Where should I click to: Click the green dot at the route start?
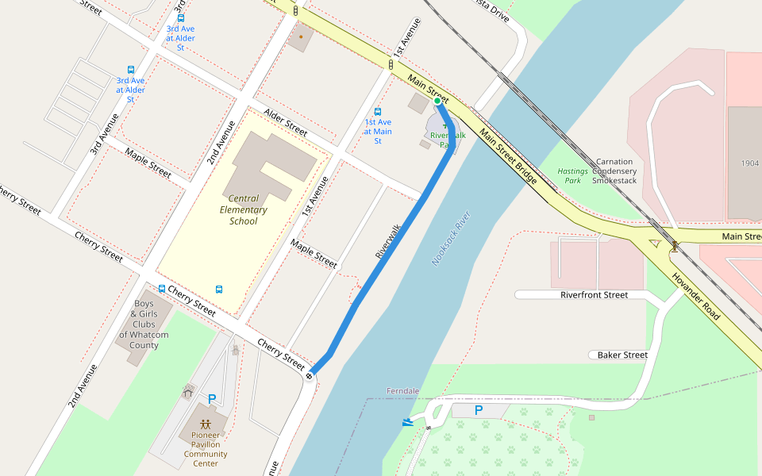tap(437, 101)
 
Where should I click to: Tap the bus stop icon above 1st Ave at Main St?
tap(378, 111)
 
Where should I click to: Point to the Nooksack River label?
tap(452, 238)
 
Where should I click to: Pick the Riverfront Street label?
tap(594, 295)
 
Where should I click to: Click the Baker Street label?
tap(622, 355)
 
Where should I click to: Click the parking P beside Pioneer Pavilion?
tap(211, 399)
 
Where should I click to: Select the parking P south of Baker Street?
tap(478, 410)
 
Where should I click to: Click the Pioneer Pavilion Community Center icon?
tap(206, 424)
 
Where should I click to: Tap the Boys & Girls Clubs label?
tap(144, 324)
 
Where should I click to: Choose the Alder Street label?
tap(286, 121)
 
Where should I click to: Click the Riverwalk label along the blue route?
tap(388, 242)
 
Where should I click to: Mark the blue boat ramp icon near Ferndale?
tap(408, 422)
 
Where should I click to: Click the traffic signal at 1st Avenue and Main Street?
tap(391, 64)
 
